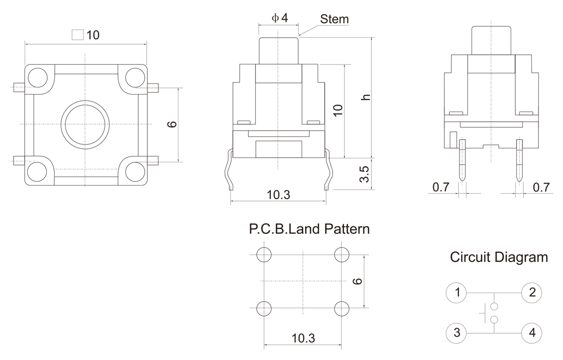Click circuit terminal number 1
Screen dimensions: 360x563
[457, 292]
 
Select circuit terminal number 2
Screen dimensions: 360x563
[532, 292]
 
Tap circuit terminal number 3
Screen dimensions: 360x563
[457, 333]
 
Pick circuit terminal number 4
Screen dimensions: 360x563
[532, 333]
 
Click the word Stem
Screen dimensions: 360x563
[334, 19]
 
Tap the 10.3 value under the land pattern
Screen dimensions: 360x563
[303, 338]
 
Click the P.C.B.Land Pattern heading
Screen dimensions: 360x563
[309, 230]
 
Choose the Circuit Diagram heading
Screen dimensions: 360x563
[499, 258]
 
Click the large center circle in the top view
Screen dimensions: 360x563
[85, 123]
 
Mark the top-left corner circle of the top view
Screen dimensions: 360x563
[37, 77]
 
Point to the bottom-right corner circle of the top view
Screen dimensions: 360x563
[134, 171]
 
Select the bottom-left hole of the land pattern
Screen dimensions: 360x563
[263, 308]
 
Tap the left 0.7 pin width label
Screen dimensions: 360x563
[441, 188]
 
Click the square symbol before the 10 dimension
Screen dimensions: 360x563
[77, 35]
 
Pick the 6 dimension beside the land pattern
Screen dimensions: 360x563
[357, 281]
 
